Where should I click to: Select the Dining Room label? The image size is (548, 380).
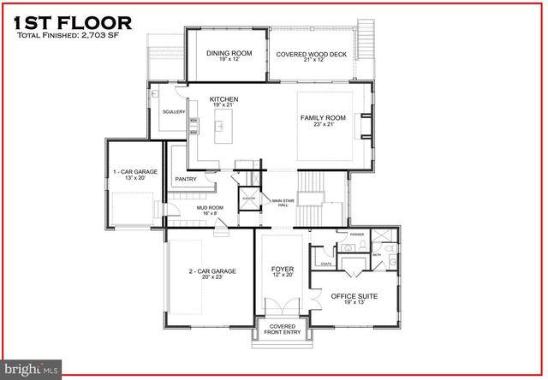click(x=229, y=53)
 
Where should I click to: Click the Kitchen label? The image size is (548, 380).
click(x=223, y=99)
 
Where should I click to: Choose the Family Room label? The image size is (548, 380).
click(x=323, y=117)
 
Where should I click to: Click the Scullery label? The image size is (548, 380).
click(x=169, y=112)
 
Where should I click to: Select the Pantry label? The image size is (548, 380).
click(x=186, y=179)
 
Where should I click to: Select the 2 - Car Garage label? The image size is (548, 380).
click(x=212, y=272)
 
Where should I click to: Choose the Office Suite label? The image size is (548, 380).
click(x=354, y=296)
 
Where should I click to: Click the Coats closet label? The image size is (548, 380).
click(x=326, y=264)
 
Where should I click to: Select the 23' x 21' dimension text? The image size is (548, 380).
click(x=323, y=124)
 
